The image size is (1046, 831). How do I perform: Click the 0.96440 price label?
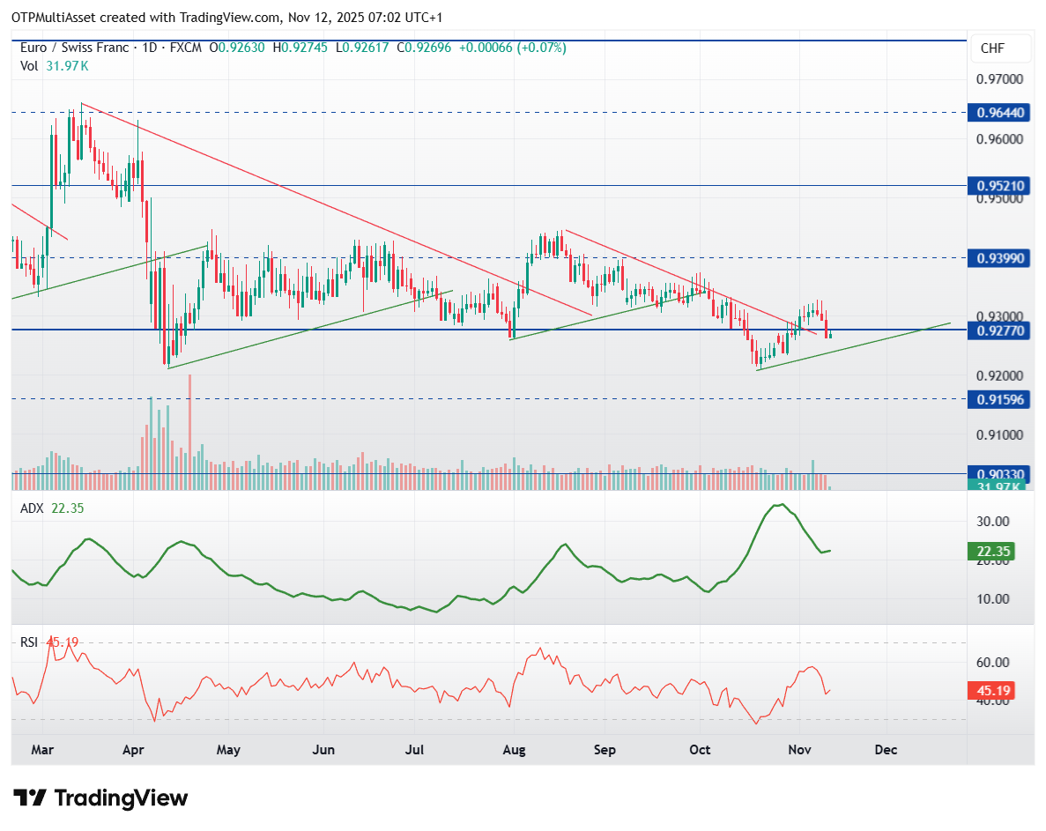pos(1002,113)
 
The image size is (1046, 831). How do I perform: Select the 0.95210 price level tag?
pos(1002,186)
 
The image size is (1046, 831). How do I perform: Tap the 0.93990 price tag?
pos(1002,257)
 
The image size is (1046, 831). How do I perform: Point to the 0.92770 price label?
pos(1002,330)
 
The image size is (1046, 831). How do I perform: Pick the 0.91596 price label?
pos(1002,399)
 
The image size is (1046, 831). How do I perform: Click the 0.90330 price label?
pos(1002,473)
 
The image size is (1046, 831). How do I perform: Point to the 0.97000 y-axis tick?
pos(1000,79)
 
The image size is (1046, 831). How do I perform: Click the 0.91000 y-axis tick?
pos(1000,435)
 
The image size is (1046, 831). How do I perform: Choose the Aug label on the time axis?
pos(514,750)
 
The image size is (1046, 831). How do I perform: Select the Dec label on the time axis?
pos(886,750)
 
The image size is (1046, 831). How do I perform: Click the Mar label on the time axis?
pos(42,750)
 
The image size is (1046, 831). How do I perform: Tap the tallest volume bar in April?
pos(189,432)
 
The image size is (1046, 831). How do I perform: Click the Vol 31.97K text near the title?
pos(55,66)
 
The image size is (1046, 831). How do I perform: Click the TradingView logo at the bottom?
pos(101,798)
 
